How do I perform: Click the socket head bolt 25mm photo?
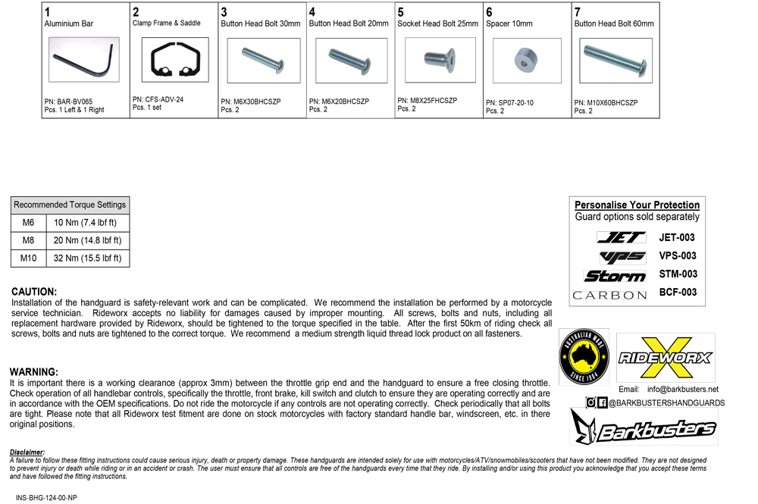(x=438, y=60)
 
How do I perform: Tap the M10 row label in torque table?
(x=28, y=258)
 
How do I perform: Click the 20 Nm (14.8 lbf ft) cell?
(x=87, y=241)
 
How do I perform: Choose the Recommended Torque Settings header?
(x=70, y=205)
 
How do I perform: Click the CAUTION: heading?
(x=34, y=292)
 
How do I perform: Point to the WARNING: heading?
(x=33, y=372)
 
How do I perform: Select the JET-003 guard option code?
(x=677, y=237)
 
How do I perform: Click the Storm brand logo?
(x=614, y=274)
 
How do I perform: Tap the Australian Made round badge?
(x=584, y=356)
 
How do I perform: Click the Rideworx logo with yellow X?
(x=666, y=358)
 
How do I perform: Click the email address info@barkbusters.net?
(x=683, y=389)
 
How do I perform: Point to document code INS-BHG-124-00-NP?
(x=46, y=497)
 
